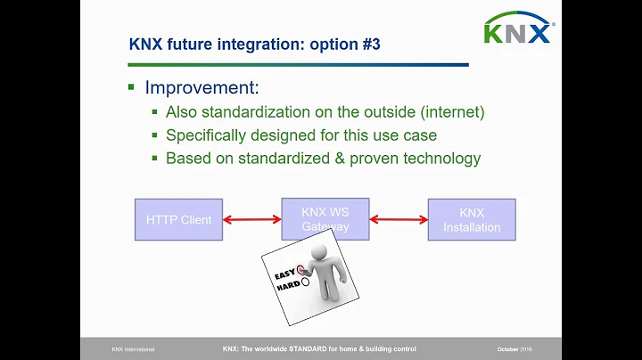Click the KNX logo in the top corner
[518, 30]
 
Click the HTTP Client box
[178, 219]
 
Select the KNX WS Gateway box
[325, 218]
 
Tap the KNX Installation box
[472, 219]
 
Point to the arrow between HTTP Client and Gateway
[251, 219]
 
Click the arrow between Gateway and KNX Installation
[398, 219]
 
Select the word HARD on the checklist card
[287, 287]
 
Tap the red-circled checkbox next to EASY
[302, 267]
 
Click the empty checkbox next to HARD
[306, 282]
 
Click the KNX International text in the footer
[130, 348]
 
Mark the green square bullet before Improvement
[131, 88]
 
